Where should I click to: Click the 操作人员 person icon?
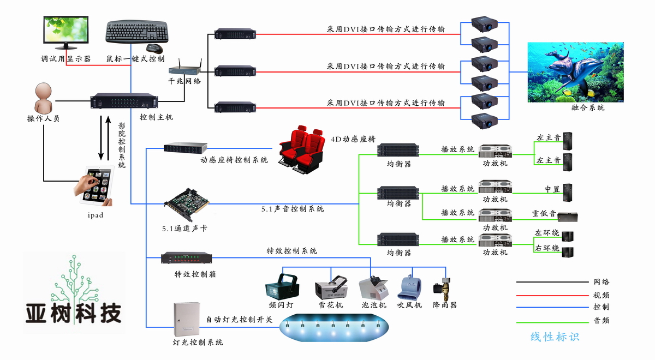click(44, 98)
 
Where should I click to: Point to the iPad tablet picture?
click(96, 185)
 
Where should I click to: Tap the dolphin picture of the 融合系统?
click(575, 72)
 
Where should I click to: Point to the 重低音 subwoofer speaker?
click(568, 216)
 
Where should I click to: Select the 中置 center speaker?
click(568, 193)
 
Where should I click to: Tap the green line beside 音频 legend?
click(552, 320)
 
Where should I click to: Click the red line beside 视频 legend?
click(552, 295)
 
